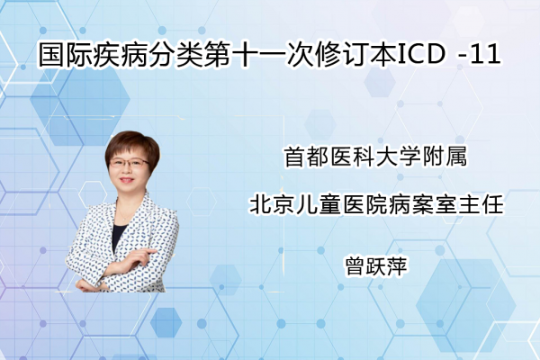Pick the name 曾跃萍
pyautogui.click(x=376, y=265)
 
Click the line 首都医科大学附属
pyautogui.click(x=375, y=157)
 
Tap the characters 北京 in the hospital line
pyautogui.click(x=273, y=204)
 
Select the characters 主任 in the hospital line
pyautogui.click(x=481, y=204)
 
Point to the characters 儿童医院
pyautogui.click(x=342, y=204)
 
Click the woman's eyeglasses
pyautogui.click(x=129, y=163)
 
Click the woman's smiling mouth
pyautogui.click(x=126, y=180)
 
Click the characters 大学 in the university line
pyautogui.click(x=399, y=157)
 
